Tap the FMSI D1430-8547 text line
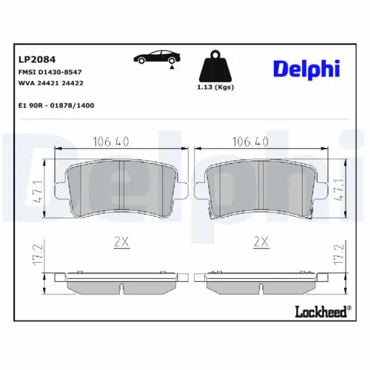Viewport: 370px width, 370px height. click(50, 73)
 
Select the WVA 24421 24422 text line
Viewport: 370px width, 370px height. click(50, 84)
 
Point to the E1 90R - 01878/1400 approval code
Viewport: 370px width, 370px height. click(56, 105)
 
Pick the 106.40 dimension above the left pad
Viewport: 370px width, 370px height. click(109, 141)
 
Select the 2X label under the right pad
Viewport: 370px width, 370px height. click(260, 240)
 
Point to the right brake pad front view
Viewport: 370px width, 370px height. click(264, 189)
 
